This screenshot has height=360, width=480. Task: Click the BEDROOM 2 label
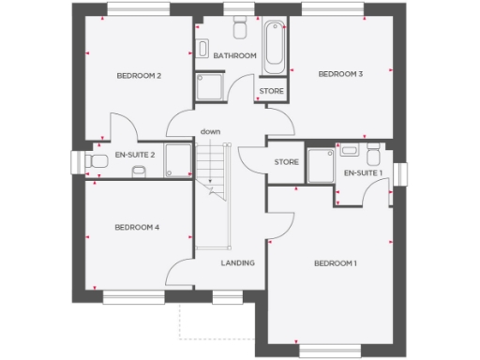pyautogui.click(x=139, y=75)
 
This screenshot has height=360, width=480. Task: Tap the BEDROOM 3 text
pyautogui.click(x=340, y=74)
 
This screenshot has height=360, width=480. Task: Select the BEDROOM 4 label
pyautogui.click(x=138, y=227)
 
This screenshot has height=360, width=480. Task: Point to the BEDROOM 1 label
pyautogui.click(x=336, y=263)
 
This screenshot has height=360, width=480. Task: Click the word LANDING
pyautogui.click(x=237, y=262)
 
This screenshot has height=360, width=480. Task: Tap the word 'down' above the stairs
pyautogui.click(x=210, y=131)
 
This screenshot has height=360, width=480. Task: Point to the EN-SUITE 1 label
pyautogui.click(x=363, y=173)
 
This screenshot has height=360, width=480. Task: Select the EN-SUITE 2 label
pyautogui.click(x=134, y=154)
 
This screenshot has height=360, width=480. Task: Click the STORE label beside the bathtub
pyautogui.click(x=271, y=91)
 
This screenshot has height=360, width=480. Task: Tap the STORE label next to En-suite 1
pyautogui.click(x=286, y=162)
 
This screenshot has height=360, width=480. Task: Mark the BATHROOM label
pyautogui.click(x=234, y=56)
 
